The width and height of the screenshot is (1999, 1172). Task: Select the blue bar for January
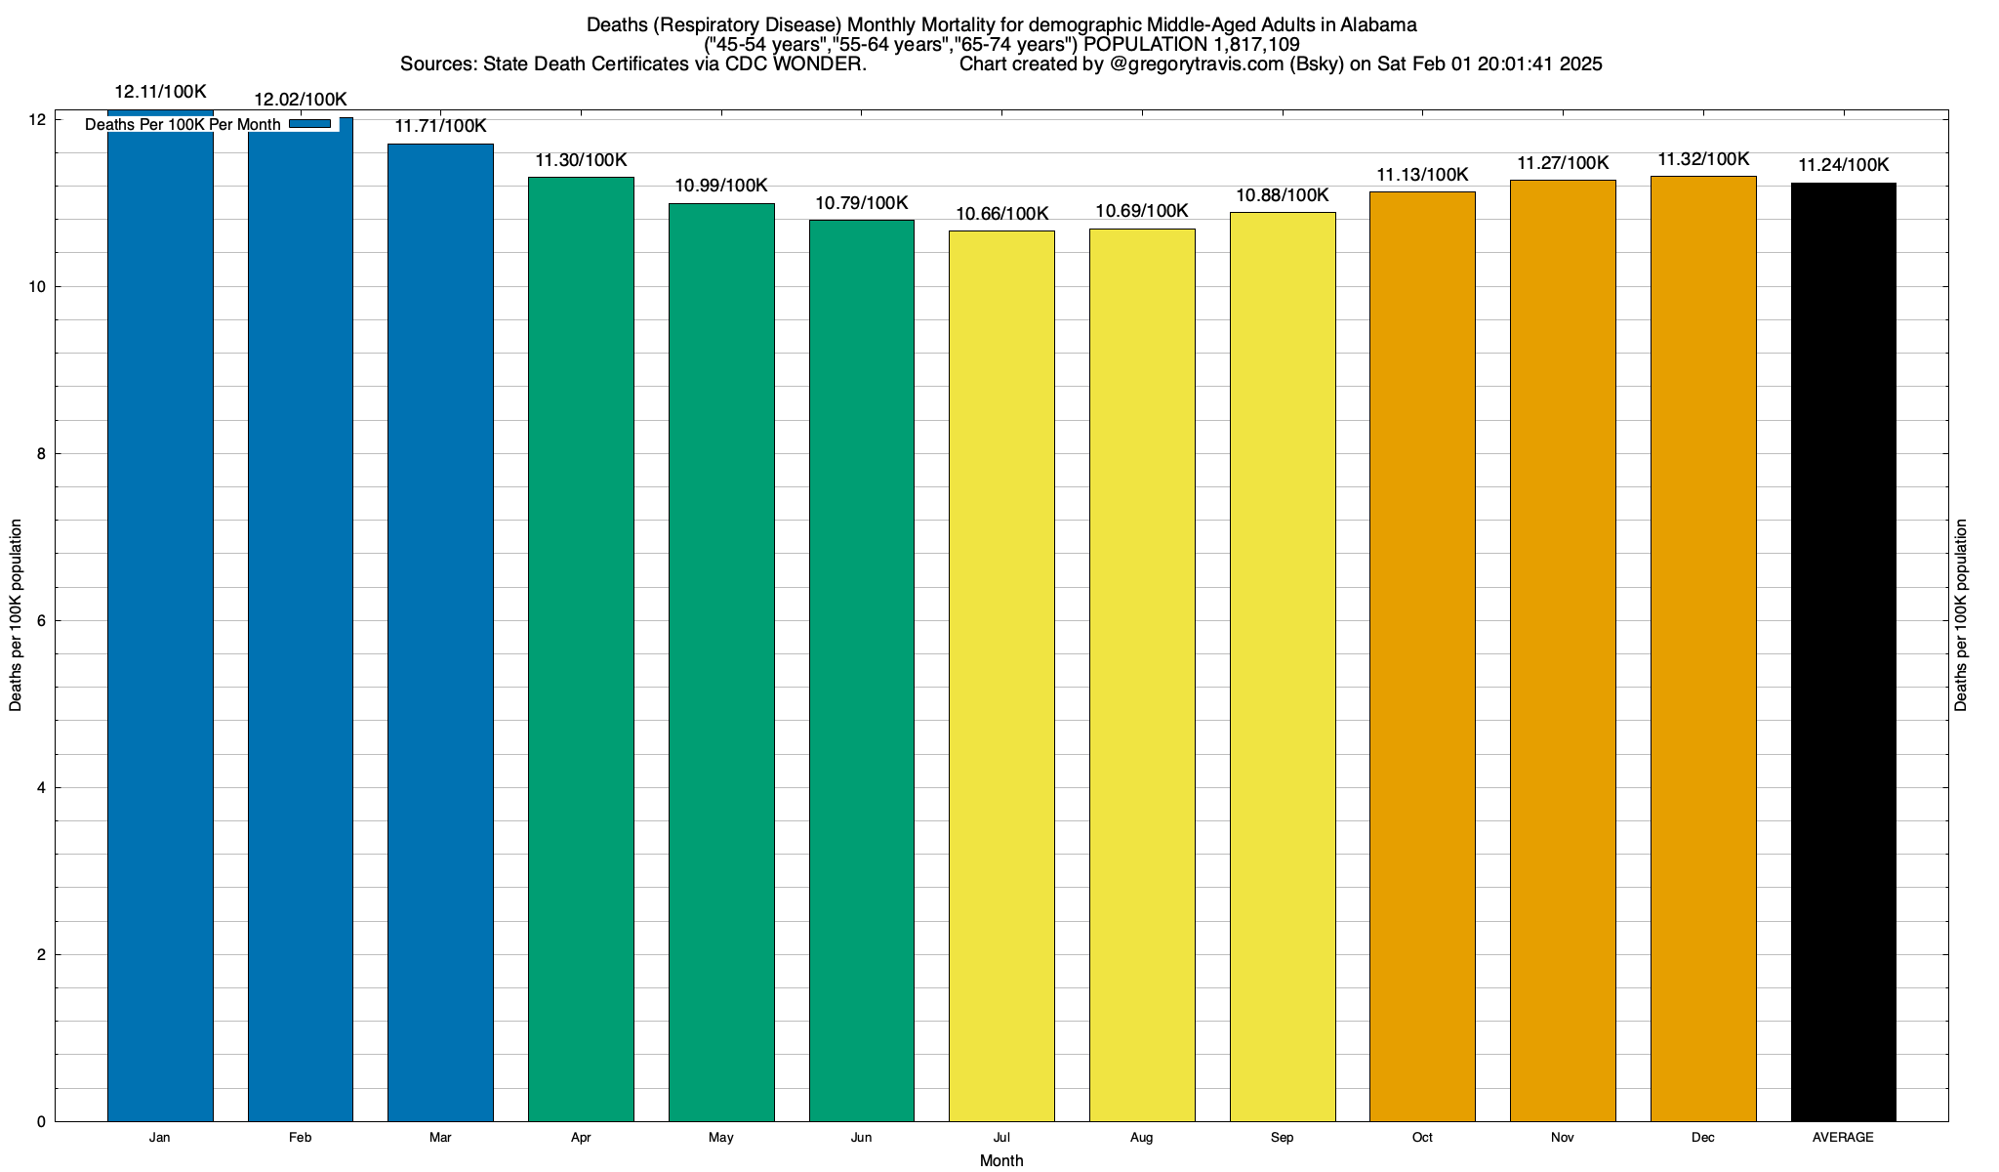tap(160, 625)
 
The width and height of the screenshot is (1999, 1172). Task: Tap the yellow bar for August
tap(1142, 674)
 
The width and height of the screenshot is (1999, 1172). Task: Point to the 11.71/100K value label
tap(440, 126)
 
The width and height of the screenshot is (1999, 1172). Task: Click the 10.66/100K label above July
tap(1001, 214)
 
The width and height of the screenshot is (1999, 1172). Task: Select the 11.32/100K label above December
tap(1703, 159)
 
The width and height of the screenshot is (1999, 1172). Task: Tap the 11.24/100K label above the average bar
tap(1843, 165)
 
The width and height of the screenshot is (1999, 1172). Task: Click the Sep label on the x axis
tap(1282, 1138)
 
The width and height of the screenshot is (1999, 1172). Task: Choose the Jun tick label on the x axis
tap(861, 1138)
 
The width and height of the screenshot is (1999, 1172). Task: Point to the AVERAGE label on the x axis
tap(1843, 1138)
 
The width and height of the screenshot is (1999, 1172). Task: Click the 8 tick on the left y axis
tap(41, 454)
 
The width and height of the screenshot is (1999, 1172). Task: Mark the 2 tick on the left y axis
tap(41, 955)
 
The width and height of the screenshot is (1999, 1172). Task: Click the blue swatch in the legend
tap(310, 124)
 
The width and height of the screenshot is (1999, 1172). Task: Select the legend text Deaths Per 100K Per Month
tap(183, 125)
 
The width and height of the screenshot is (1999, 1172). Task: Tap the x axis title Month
tap(1001, 1160)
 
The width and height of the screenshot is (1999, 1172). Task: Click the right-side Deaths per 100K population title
tap(1961, 615)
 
